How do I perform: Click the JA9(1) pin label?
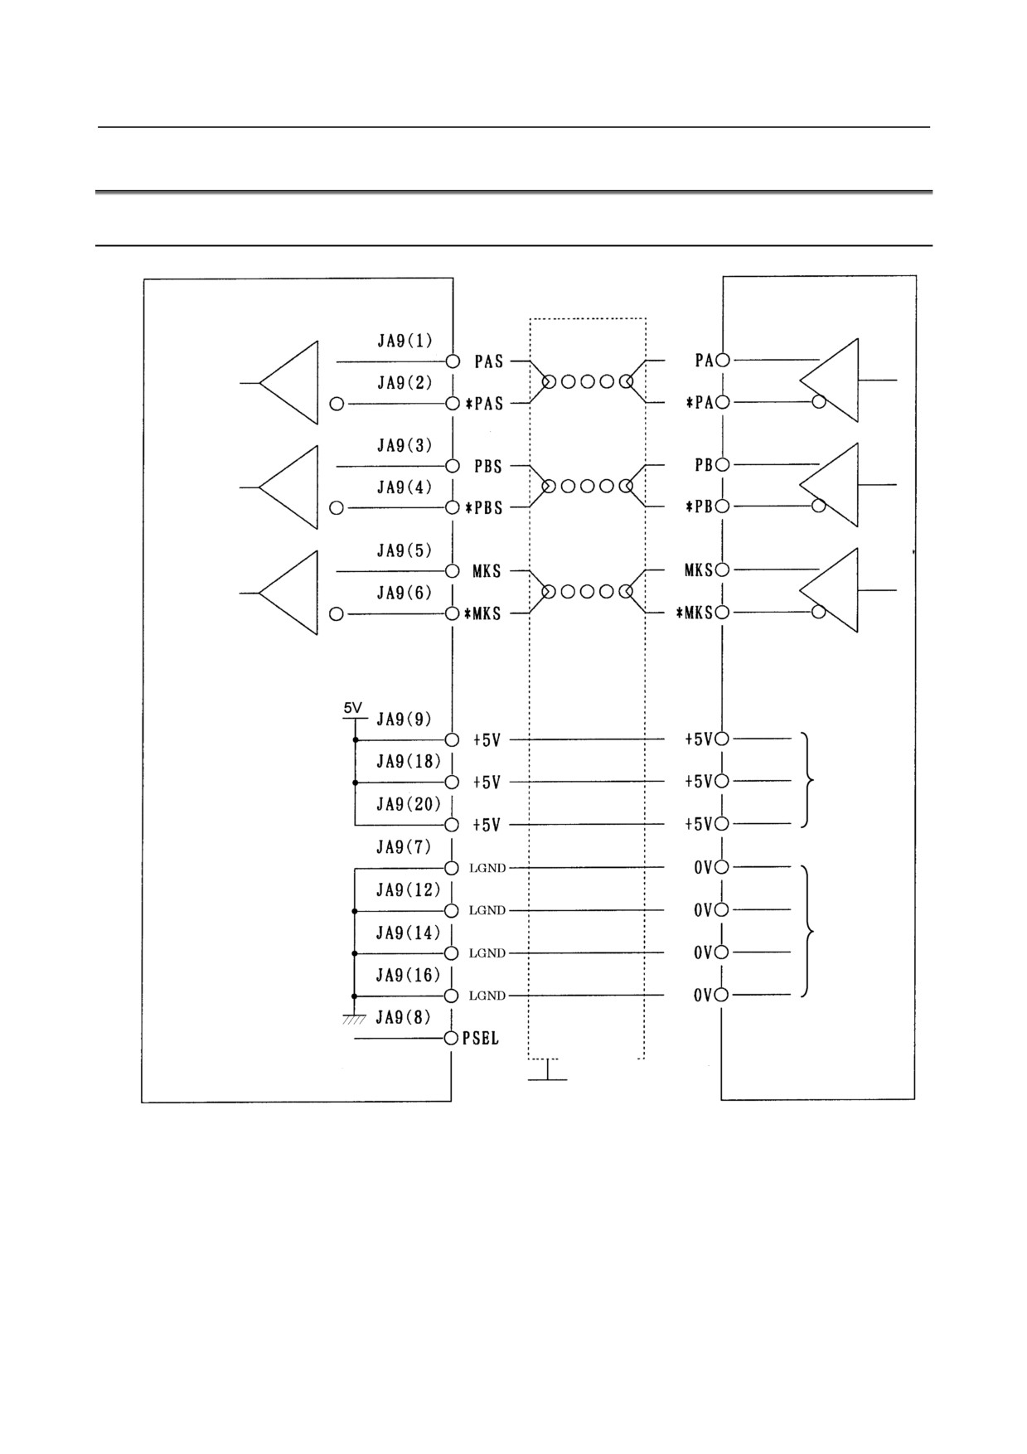point(405,341)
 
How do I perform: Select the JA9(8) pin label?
point(404,1017)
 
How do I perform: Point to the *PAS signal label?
point(483,404)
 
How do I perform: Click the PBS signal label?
point(488,466)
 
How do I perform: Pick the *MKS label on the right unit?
point(695,613)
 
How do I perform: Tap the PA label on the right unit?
point(704,361)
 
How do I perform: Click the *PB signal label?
point(700,506)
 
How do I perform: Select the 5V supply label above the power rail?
point(353,708)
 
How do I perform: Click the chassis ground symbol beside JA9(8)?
point(355,1019)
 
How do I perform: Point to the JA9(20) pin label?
point(409,804)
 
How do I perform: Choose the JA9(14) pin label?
point(409,933)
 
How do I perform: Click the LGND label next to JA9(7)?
point(487,868)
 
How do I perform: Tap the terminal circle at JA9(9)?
point(452,739)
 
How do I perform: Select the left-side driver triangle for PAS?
point(288,382)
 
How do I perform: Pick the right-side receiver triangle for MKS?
point(829,590)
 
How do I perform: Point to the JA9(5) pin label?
point(405,550)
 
